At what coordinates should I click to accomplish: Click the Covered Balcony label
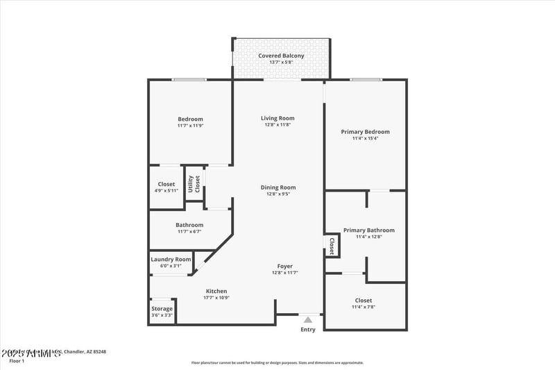[281, 56]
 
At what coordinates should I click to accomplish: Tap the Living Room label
[277, 118]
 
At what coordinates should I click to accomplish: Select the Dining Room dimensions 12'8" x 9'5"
[277, 194]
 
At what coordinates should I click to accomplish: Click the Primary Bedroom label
[365, 132]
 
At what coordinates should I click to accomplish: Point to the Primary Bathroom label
[368, 230]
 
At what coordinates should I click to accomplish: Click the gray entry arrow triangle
[307, 319]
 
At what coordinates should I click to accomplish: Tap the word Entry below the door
[307, 330]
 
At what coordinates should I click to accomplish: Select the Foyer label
[284, 266]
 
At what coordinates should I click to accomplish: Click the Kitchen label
[216, 291]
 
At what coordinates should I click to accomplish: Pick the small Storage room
[162, 311]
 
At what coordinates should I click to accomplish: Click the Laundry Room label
[171, 259]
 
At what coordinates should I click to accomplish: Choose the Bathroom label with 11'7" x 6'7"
[189, 225]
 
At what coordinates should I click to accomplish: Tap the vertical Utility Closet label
[194, 183]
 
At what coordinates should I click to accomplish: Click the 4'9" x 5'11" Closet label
[166, 184]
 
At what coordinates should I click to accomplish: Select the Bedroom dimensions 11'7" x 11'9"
[190, 126]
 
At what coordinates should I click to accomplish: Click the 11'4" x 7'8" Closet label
[362, 301]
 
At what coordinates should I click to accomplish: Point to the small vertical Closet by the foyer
[332, 245]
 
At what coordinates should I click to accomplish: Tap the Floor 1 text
[17, 361]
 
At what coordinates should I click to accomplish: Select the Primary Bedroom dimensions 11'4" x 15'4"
[365, 139]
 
